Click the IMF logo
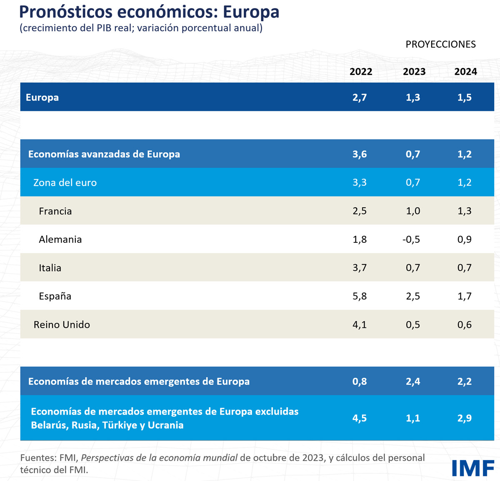pos(473,468)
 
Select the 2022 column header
pos(360,72)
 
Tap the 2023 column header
pos(414,72)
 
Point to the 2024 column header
pos(465,72)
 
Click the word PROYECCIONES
pos(440,44)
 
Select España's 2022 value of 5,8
pos(360,296)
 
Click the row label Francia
pos(55,211)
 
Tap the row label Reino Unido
pos(62,325)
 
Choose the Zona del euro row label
pos(65,183)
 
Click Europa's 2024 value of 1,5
pos(464,98)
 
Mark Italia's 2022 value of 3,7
pos(360,268)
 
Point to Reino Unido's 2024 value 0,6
pos(464,325)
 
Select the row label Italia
pos(50,268)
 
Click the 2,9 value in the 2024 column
pos(464,418)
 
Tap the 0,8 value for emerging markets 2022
pos(360,381)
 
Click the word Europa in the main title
pos(251,13)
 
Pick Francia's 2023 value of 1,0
pos(413,211)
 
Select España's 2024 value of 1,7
pos(464,296)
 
